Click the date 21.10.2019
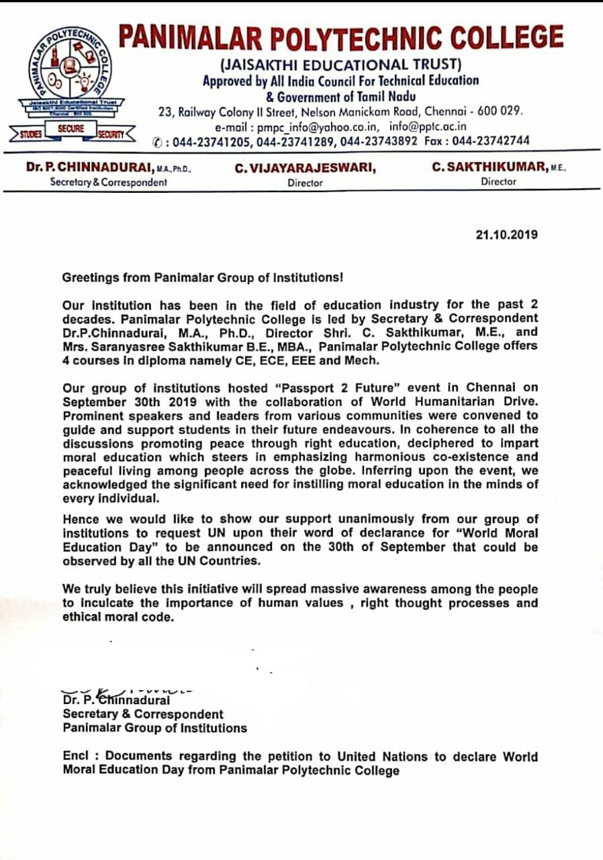[x=506, y=236]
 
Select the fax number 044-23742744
[x=492, y=140]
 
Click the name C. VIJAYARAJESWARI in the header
[x=305, y=169]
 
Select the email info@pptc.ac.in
[x=428, y=126]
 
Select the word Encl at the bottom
[x=76, y=757]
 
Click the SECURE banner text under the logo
[x=71, y=128]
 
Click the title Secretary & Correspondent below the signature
[x=143, y=714]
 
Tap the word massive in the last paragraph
[x=321, y=589]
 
